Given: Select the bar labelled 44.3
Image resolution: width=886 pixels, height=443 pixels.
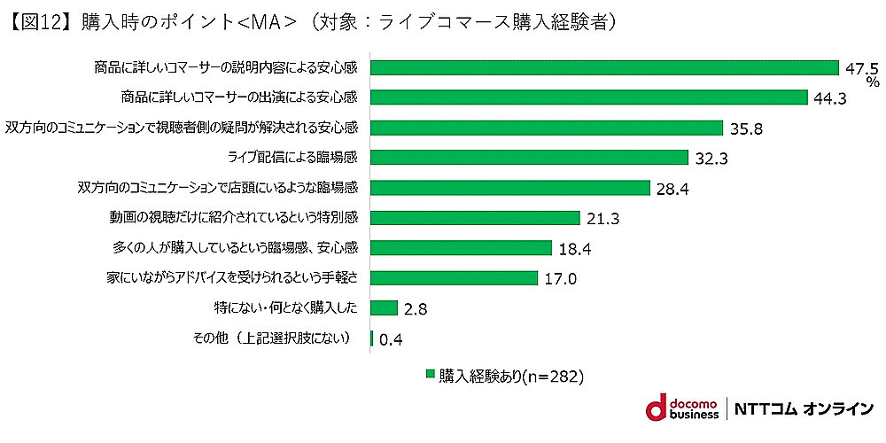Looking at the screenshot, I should [x=588, y=97].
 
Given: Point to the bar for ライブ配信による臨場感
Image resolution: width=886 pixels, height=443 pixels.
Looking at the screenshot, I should [x=529, y=158].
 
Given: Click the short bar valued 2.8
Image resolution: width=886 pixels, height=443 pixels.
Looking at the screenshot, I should [x=384, y=307].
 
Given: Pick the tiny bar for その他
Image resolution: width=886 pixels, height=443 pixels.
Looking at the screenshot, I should [x=371, y=338].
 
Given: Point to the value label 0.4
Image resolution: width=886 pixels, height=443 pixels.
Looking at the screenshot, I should [x=391, y=338].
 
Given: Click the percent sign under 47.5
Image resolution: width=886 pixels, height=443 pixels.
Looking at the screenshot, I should [x=873, y=82].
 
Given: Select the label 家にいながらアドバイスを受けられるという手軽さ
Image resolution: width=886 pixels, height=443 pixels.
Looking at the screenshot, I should [x=231, y=278].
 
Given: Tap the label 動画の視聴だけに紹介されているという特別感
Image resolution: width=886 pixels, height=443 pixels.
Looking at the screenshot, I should [x=232, y=218].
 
